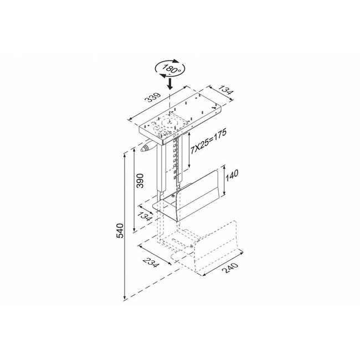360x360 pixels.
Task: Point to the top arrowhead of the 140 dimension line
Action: click(224, 166)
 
